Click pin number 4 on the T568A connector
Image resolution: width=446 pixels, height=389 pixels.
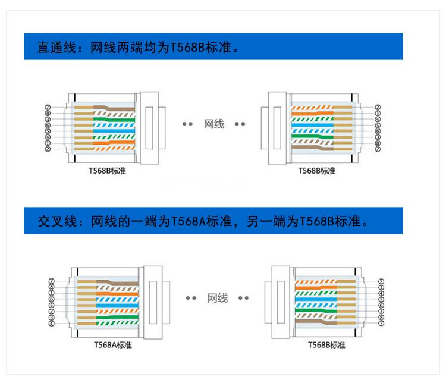[x=52, y=324]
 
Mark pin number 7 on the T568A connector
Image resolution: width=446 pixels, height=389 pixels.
[x=52, y=281]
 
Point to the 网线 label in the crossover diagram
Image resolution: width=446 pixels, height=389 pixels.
[x=217, y=298]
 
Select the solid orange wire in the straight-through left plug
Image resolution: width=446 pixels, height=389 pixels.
[x=113, y=143]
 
